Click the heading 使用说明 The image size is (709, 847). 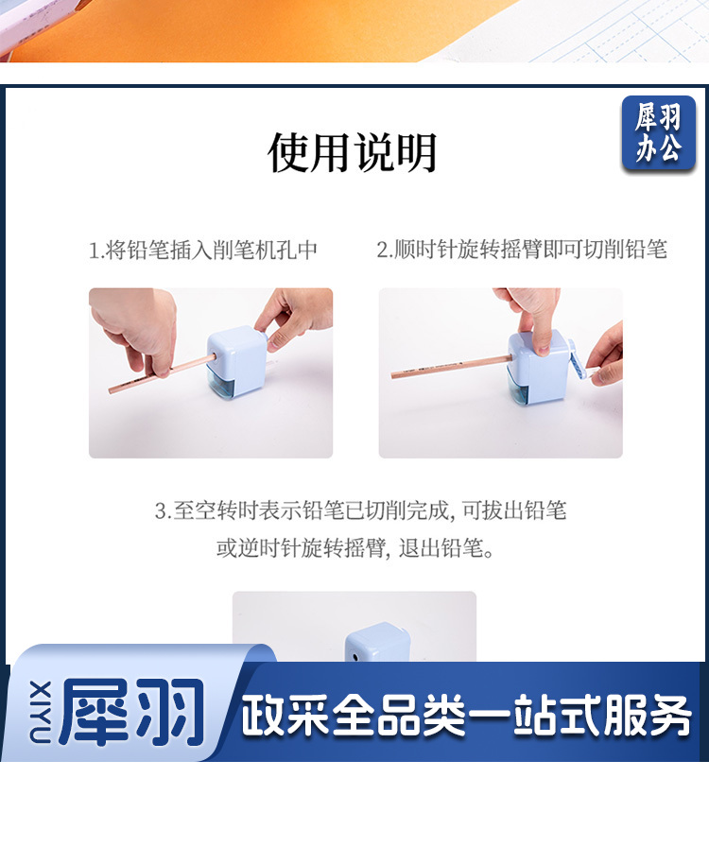tap(353, 153)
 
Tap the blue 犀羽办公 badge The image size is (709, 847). tap(658, 133)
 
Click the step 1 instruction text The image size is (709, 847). tap(202, 251)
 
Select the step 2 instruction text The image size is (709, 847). tap(522, 250)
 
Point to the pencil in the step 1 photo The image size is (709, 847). tap(162, 373)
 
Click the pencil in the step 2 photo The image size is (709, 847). tap(452, 366)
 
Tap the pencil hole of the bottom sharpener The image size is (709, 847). tap(355, 658)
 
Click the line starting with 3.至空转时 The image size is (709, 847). tap(360, 510)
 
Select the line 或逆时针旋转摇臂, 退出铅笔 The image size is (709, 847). tap(355, 548)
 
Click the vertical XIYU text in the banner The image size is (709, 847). tap(40, 712)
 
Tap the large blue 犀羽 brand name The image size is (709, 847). tap(133, 712)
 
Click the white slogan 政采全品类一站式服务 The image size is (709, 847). tap(466, 715)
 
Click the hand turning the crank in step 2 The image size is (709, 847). tap(605, 354)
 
